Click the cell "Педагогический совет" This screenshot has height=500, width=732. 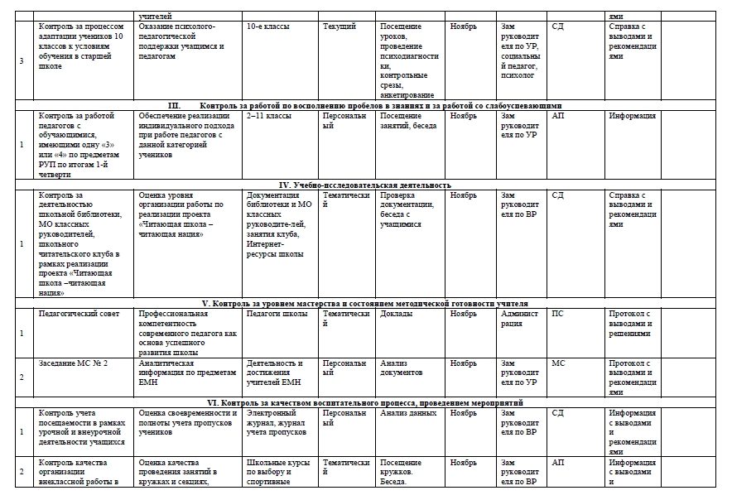coord(72,314)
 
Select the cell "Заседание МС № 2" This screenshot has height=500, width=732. coord(73,363)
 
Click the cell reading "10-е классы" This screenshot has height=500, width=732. coord(269,27)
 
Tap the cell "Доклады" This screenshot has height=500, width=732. coord(396,314)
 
